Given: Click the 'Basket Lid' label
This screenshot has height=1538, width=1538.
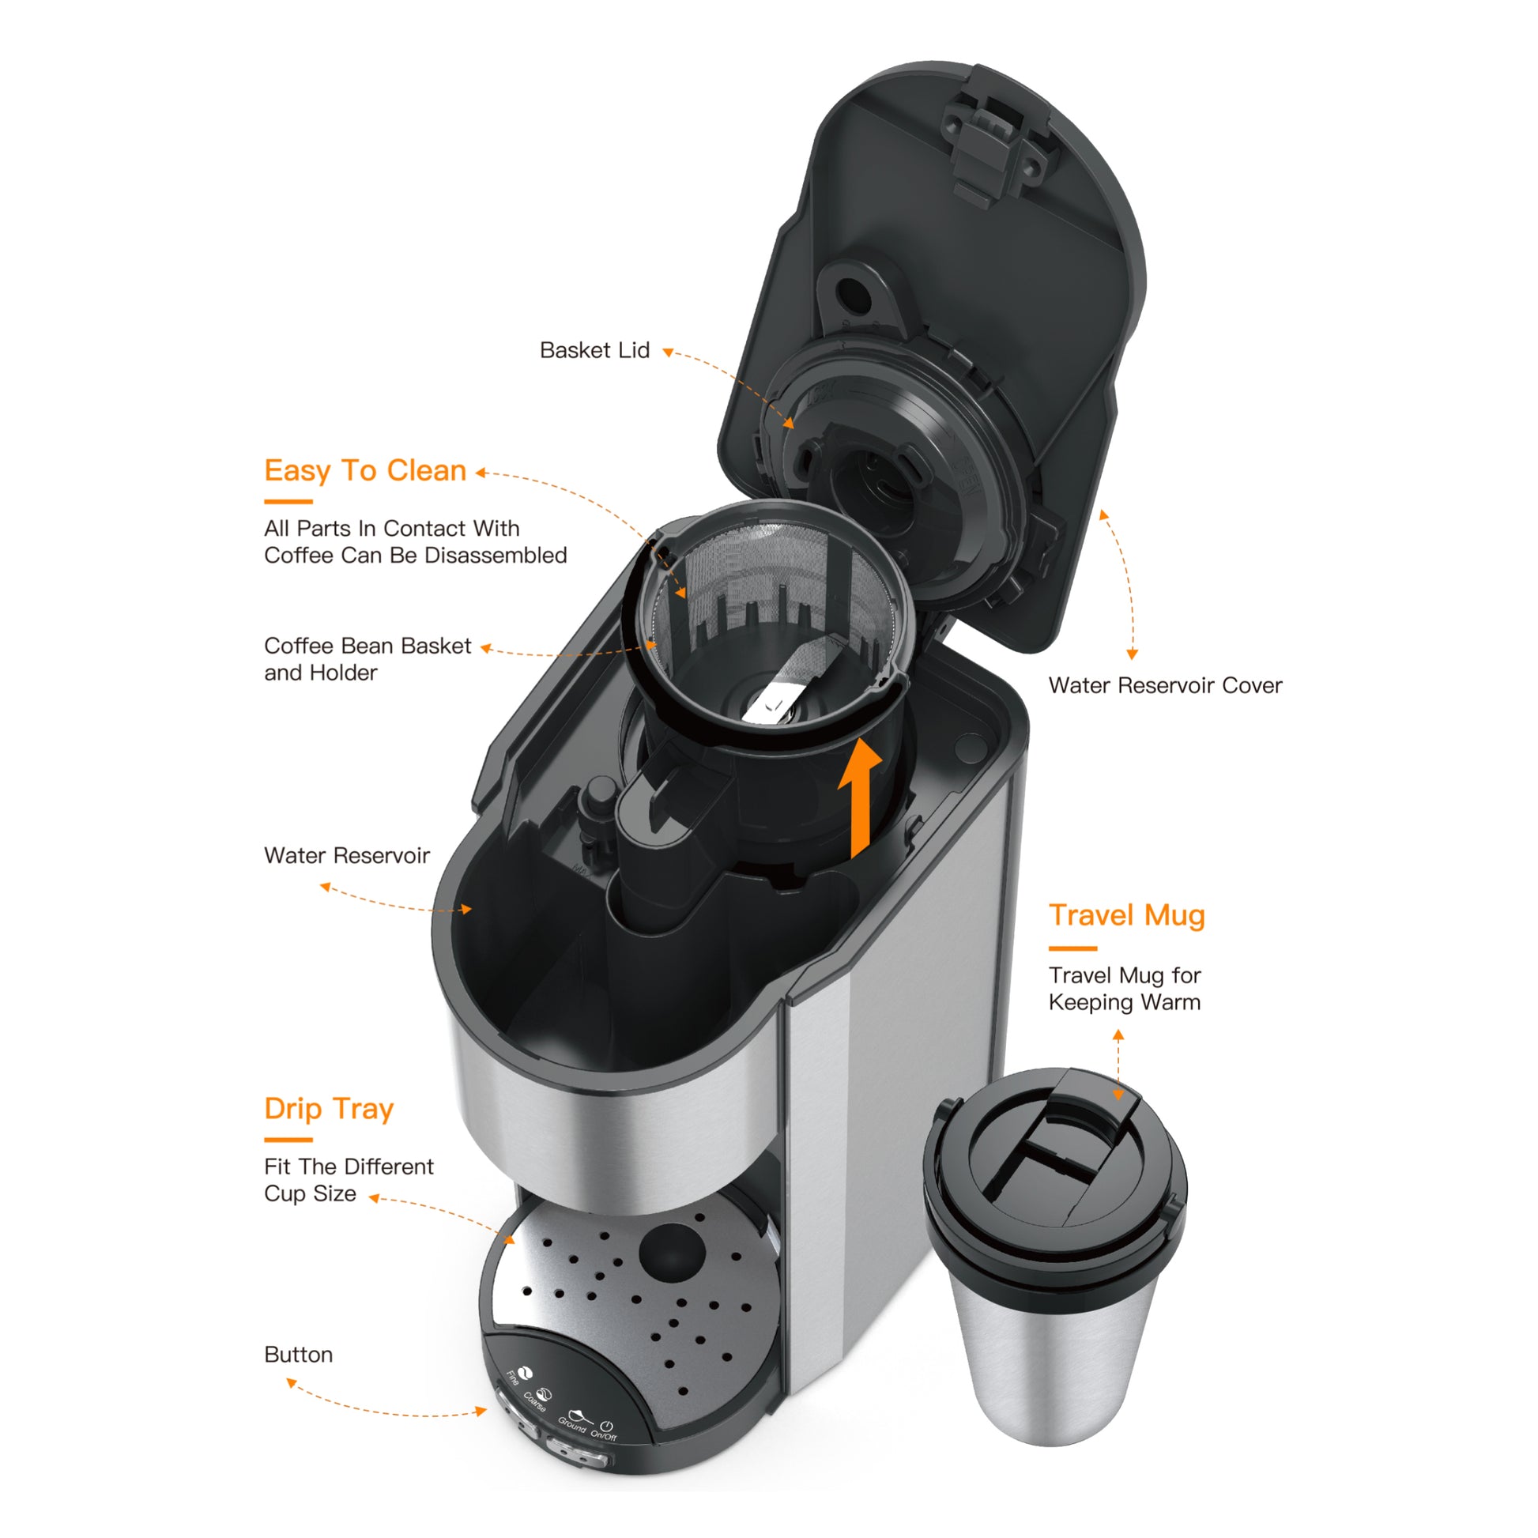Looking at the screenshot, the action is (x=594, y=350).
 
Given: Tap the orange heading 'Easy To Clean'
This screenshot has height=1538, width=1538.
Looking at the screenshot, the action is (x=365, y=470).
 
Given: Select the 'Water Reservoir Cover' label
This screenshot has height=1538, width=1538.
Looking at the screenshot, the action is (x=1165, y=685).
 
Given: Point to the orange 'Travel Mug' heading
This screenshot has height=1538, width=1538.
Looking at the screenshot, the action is (x=1126, y=915).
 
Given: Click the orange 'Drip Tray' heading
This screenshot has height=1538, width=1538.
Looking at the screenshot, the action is (x=329, y=1108).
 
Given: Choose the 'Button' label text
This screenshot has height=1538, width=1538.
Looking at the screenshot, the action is (x=299, y=1354).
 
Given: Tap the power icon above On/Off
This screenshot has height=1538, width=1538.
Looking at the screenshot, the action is (x=607, y=1426).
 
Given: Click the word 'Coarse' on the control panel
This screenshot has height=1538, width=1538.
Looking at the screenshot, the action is (x=535, y=1402).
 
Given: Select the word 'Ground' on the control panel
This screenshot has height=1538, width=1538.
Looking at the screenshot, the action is (x=571, y=1425).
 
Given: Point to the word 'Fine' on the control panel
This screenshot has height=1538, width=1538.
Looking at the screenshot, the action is (x=513, y=1378).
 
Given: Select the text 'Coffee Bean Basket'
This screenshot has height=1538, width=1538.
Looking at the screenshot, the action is (x=368, y=646).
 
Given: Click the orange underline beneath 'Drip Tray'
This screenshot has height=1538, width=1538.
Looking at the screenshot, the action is (x=288, y=1140).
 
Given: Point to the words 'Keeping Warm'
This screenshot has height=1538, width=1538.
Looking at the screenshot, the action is (x=1124, y=1002).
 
